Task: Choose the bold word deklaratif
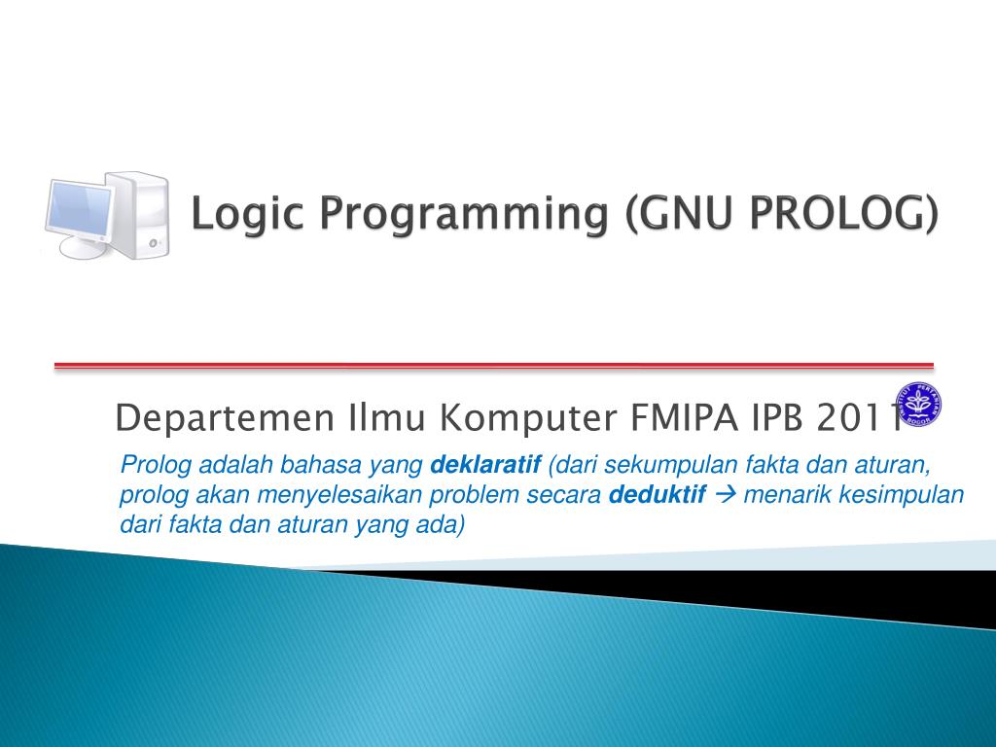click(x=486, y=465)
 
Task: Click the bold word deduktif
click(x=658, y=495)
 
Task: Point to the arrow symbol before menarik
click(x=726, y=495)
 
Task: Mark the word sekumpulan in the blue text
click(x=658, y=465)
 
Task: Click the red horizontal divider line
click(x=493, y=366)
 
